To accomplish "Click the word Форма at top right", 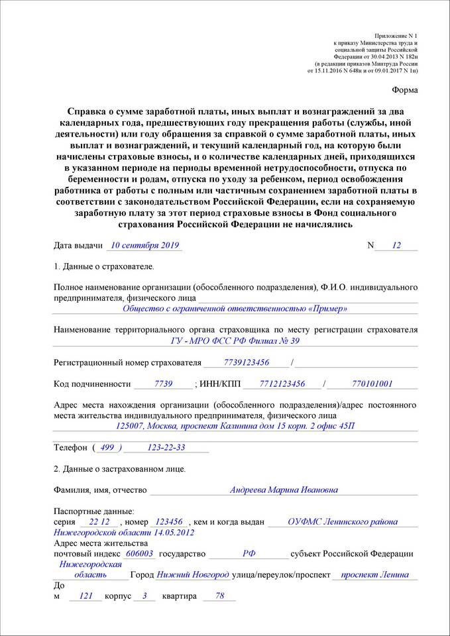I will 404,89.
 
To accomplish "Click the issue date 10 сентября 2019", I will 144,245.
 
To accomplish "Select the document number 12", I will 396,245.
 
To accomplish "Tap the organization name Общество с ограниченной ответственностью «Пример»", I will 235,309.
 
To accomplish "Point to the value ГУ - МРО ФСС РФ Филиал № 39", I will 235,341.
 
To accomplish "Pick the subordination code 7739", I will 163,384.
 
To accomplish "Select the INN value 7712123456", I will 282,384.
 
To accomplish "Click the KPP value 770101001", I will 372,384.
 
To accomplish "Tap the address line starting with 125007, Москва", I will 235,426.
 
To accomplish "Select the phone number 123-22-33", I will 166,448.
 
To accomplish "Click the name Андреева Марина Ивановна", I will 284,490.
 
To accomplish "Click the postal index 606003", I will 139,554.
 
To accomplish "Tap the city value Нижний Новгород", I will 193,574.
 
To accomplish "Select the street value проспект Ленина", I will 374,574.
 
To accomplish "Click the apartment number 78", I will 220,596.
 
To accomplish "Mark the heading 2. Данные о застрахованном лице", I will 119,469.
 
